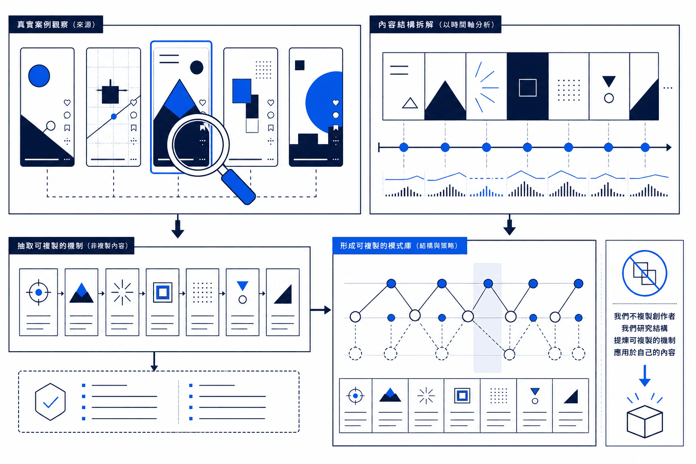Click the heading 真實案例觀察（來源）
click(56, 24)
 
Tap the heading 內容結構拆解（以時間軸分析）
click(436, 24)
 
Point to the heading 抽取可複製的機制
click(50, 246)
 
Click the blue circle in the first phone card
click(39, 76)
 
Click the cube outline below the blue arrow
click(645, 421)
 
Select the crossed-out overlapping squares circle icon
click(644, 273)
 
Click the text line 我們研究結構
click(644, 328)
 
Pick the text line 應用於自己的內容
click(644, 353)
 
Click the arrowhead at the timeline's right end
click(669, 147)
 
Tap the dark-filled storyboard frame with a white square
click(527, 87)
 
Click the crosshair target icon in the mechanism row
click(39, 292)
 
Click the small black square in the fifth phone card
click(300, 65)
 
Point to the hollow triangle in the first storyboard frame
click(410, 103)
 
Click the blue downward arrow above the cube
click(645, 376)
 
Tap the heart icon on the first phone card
click(67, 102)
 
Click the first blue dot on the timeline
click(404, 147)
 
